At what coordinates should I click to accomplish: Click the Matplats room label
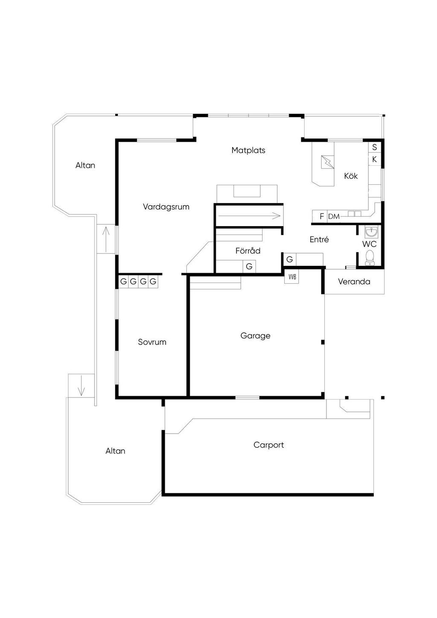click(248, 150)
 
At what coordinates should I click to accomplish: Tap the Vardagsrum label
click(166, 207)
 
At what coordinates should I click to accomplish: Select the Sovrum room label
click(152, 342)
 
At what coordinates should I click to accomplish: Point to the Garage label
click(255, 336)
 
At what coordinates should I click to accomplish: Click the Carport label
click(268, 445)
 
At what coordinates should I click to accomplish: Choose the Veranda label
click(354, 282)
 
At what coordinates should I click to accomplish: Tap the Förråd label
click(248, 251)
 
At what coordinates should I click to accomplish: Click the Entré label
click(319, 239)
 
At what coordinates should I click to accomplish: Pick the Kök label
click(351, 176)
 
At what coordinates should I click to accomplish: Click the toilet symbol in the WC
click(370, 258)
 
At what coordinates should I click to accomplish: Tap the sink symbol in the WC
click(371, 232)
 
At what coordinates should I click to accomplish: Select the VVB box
click(291, 277)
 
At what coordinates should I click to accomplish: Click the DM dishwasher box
click(334, 216)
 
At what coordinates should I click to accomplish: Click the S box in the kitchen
click(374, 147)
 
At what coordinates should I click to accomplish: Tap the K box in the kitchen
click(374, 160)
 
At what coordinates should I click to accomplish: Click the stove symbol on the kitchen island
click(327, 162)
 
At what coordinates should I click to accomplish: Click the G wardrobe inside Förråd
click(249, 266)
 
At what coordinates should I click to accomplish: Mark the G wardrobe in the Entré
click(289, 259)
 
